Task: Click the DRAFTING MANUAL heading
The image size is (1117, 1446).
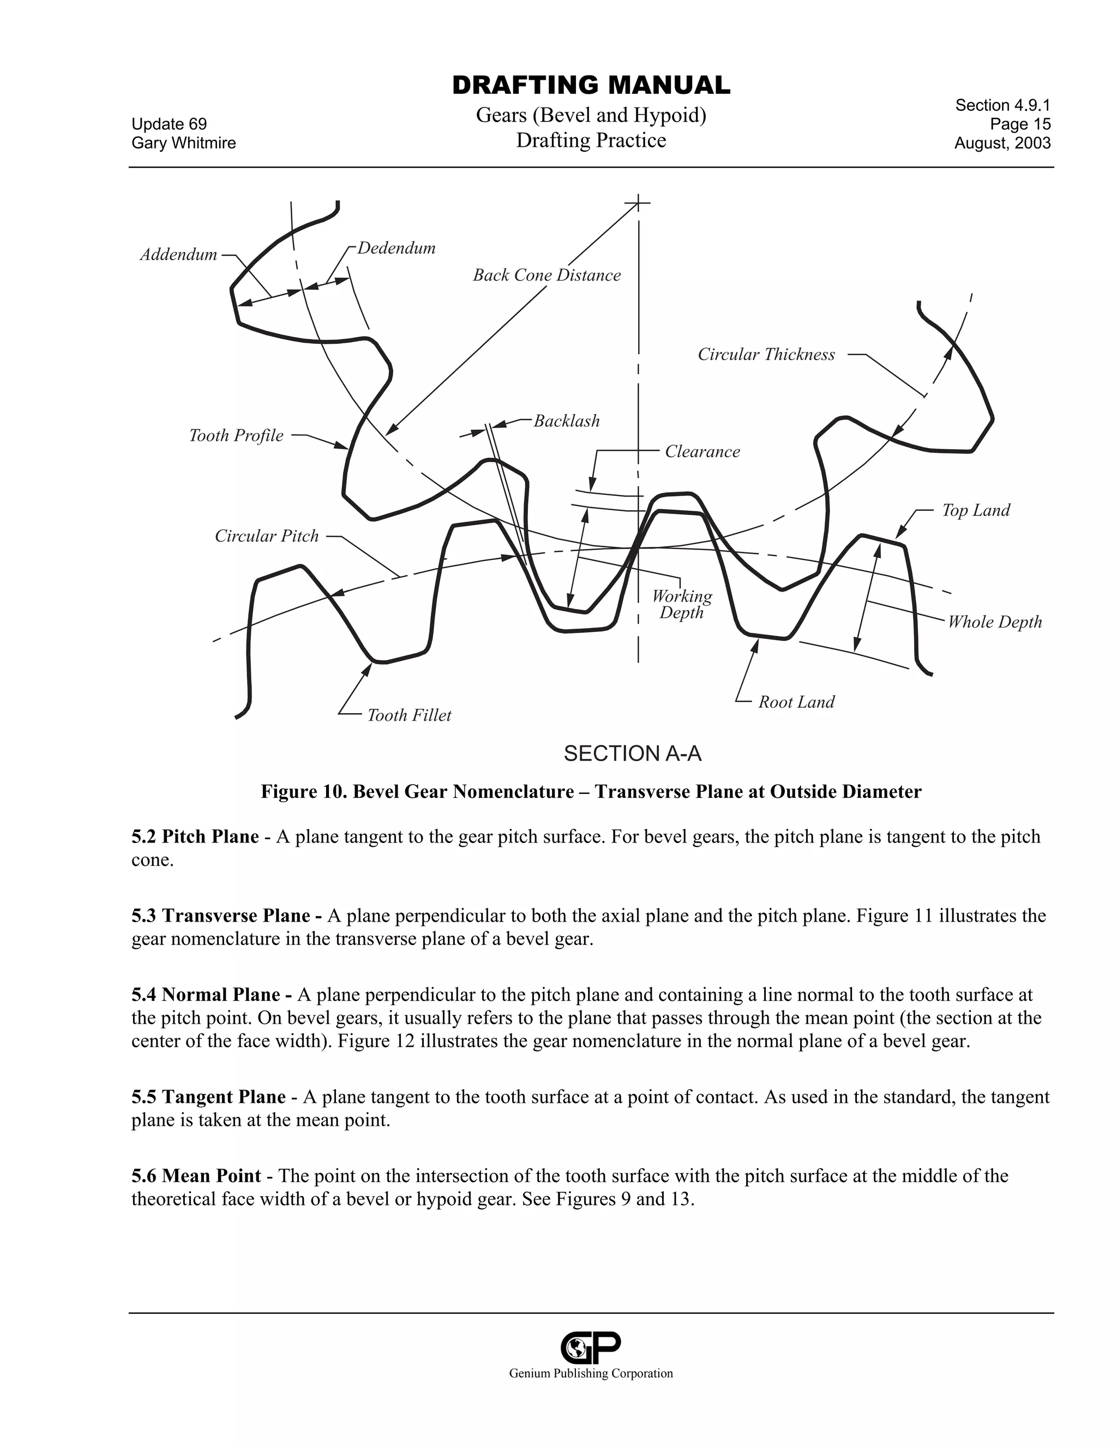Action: pos(591,86)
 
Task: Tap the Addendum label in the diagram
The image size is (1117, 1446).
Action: pos(179,255)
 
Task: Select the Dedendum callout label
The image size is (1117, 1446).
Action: pos(397,248)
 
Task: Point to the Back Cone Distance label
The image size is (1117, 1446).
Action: pos(547,276)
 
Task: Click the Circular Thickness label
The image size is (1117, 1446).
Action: pos(766,355)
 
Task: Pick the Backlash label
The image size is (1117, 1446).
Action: pos(567,421)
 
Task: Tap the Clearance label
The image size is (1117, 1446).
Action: pos(702,452)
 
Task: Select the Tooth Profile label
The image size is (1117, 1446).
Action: pos(236,435)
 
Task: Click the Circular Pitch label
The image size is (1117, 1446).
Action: pos(267,536)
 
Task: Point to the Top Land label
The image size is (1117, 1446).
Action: pos(976,511)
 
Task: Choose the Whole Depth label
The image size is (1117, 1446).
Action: pos(995,623)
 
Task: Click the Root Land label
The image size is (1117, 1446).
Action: pos(796,702)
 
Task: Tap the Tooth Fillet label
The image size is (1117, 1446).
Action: pos(409,716)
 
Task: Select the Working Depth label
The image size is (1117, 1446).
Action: pos(682,605)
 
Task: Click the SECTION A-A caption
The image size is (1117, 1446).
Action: pos(632,754)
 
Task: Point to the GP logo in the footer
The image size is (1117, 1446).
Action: pos(590,1346)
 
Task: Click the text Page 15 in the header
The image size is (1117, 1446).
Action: pos(1020,124)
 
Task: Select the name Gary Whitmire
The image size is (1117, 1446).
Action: pos(183,143)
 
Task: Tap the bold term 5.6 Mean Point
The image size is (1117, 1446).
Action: pos(196,1176)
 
